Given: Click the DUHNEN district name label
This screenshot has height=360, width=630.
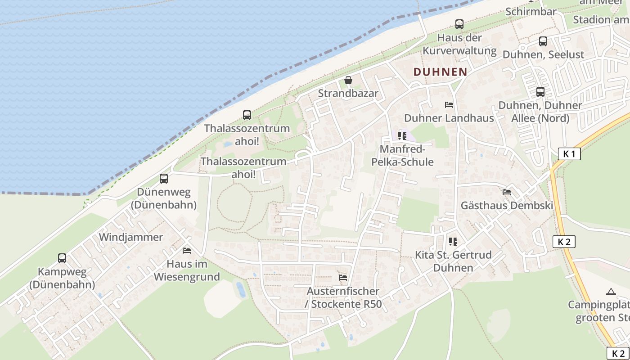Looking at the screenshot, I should click(440, 72).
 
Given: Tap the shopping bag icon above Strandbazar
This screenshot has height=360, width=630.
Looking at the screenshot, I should click(348, 81).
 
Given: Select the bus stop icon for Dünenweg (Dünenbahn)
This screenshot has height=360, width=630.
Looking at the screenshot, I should click(164, 179).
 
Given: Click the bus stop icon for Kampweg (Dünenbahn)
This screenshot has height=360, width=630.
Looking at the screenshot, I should click(62, 258).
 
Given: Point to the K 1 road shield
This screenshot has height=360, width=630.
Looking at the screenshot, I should click(569, 154).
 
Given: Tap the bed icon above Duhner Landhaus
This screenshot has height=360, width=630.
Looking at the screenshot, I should click(449, 105).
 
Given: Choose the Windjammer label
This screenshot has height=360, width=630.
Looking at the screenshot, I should click(131, 237).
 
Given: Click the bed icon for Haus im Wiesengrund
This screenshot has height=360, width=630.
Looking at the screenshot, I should click(187, 251).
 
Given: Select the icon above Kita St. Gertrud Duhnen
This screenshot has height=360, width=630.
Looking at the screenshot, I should click(453, 242).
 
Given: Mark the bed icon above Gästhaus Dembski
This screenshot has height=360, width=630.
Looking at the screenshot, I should click(507, 192).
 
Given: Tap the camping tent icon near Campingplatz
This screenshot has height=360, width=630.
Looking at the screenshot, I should click(611, 292).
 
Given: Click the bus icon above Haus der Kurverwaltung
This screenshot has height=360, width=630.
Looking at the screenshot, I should click(459, 24).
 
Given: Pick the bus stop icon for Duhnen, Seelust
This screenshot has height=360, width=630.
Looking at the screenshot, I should click(543, 41).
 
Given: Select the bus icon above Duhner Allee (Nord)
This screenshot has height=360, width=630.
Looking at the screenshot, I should click(540, 92).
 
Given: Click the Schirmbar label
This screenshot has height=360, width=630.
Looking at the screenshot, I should click(531, 12).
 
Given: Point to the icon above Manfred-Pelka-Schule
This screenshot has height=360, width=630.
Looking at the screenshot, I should click(402, 135).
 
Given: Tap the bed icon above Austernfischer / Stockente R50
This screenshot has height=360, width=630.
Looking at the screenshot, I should click(343, 278).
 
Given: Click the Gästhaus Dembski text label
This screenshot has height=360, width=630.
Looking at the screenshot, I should click(507, 206).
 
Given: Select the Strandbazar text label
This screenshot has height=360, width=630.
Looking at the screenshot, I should click(348, 94).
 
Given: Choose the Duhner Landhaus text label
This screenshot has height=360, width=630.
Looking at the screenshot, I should click(449, 118).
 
